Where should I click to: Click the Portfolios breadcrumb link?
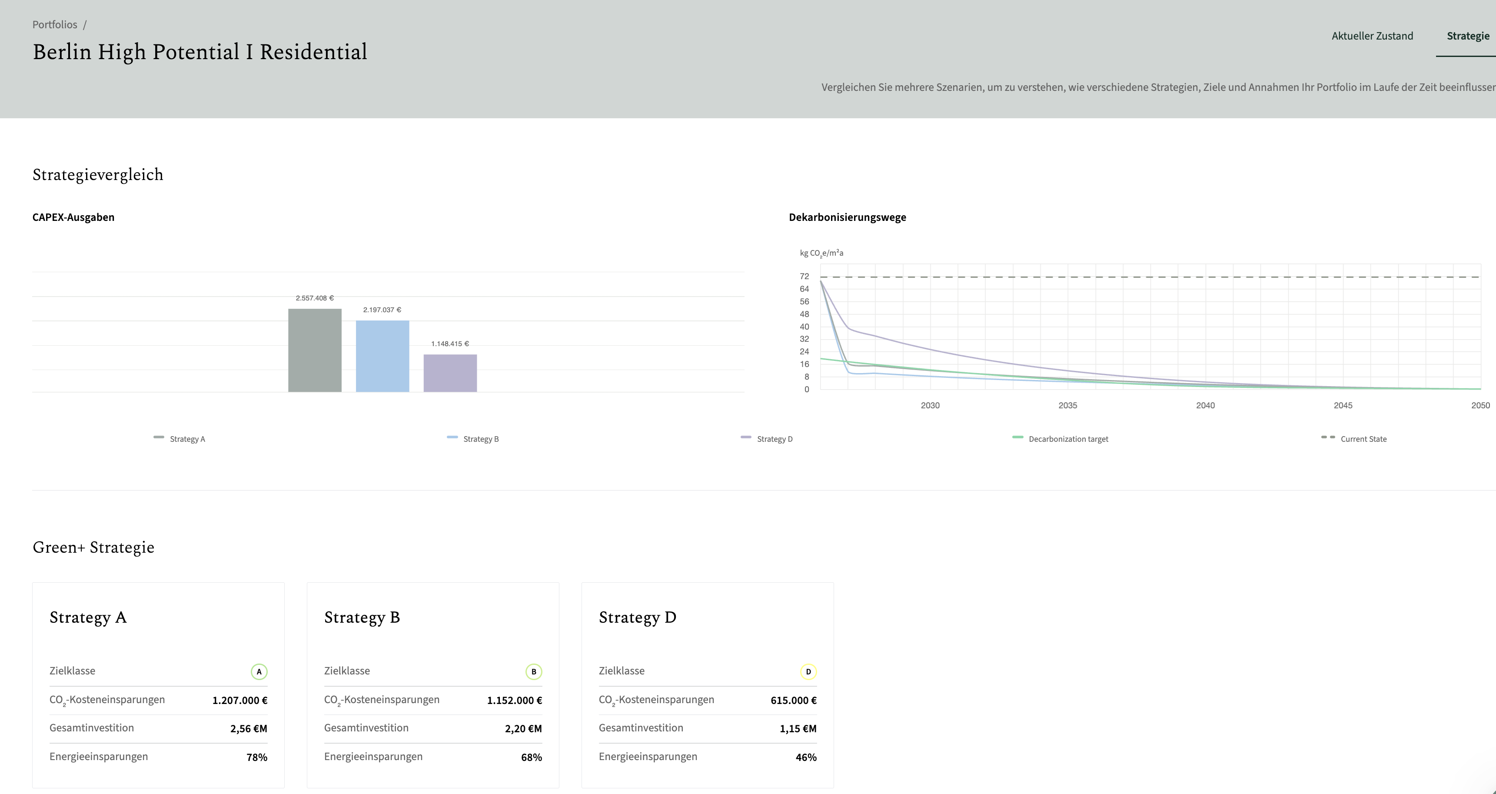click(x=55, y=24)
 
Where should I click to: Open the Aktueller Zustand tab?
click(x=1372, y=36)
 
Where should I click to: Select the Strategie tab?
click(x=1468, y=36)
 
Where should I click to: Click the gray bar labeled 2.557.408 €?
click(x=315, y=350)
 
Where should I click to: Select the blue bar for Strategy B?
click(x=382, y=356)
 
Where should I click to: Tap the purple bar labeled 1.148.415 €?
click(x=450, y=373)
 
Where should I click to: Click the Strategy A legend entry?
click(x=180, y=439)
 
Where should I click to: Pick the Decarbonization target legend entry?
click(x=1060, y=439)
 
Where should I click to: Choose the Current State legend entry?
click(x=1354, y=439)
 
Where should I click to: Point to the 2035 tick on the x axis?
click(x=1067, y=405)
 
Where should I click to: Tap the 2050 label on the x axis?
click(x=1480, y=405)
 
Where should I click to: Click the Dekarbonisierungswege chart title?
click(x=847, y=217)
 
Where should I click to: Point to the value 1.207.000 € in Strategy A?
click(x=240, y=701)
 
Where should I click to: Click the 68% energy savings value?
click(x=532, y=757)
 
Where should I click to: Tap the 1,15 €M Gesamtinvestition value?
click(x=798, y=729)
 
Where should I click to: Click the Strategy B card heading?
click(x=362, y=617)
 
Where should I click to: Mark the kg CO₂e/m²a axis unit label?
click(x=821, y=253)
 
